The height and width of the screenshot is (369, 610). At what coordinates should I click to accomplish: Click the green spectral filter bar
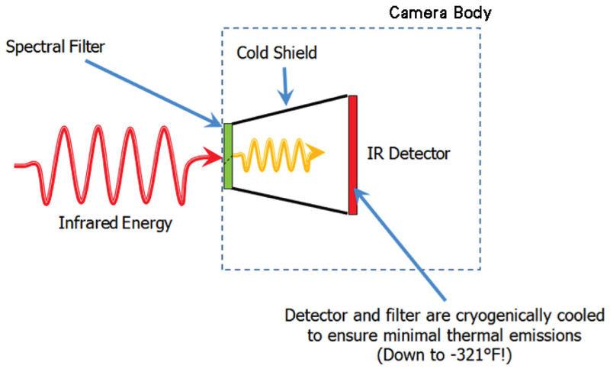tap(227, 155)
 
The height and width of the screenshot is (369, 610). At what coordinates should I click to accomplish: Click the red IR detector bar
tap(352, 154)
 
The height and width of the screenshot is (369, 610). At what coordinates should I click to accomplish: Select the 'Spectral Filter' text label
tap(56, 47)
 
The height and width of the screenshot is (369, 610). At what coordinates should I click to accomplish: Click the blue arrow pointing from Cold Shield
tap(285, 85)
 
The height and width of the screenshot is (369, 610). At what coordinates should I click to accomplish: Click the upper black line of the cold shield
tap(290, 108)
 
